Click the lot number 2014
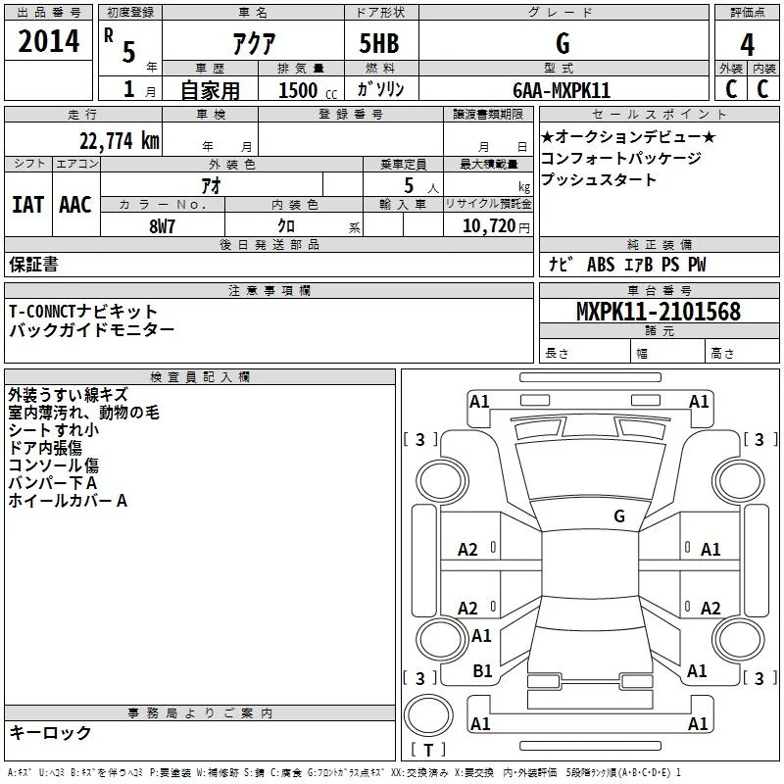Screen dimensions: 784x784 (x=48, y=41)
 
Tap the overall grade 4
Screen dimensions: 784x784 (x=747, y=45)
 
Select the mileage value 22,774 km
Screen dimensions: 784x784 (x=119, y=141)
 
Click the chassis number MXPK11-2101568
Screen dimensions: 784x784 (x=659, y=312)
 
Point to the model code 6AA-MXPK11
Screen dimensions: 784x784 (x=561, y=90)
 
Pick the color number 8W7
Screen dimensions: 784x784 (x=162, y=226)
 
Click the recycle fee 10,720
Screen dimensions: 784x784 (x=489, y=226)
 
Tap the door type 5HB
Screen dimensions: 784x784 (x=379, y=43)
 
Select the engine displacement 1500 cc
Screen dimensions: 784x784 (x=308, y=90)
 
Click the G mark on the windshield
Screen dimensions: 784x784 (x=619, y=516)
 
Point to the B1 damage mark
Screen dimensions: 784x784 (x=482, y=671)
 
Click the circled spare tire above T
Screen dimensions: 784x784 (x=428, y=715)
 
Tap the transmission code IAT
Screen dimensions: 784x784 (x=27, y=205)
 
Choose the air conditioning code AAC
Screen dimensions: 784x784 (x=75, y=205)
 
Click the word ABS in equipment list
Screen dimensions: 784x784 (x=601, y=265)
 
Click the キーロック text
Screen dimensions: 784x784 (x=50, y=733)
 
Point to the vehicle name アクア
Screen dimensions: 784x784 (x=254, y=43)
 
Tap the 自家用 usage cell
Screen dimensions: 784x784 (x=210, y=90)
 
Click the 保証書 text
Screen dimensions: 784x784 (x=33, y=265)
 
